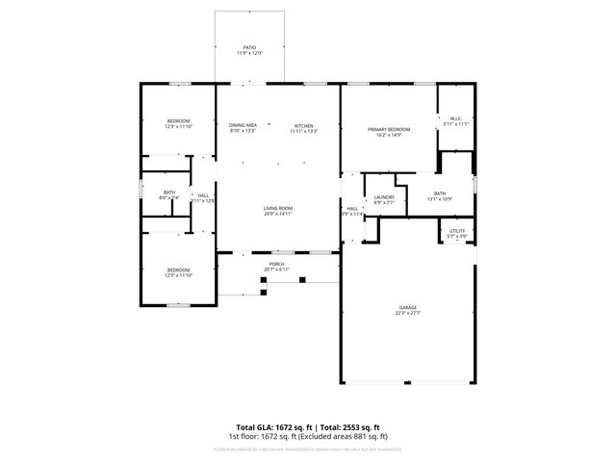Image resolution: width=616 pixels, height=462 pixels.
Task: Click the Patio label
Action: click(249, 47)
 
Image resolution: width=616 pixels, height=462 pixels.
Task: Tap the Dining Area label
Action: click(243, 125)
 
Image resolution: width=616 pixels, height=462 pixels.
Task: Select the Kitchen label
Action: click(303, 125)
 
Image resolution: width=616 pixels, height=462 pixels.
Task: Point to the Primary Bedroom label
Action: click(389, 129)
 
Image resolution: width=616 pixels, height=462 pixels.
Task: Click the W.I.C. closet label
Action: click(456, 119)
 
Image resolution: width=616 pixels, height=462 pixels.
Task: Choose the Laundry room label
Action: click(384, 197)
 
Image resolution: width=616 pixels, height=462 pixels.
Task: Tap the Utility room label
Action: click(457, 231)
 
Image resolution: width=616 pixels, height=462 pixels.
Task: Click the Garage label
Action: click(409, 307)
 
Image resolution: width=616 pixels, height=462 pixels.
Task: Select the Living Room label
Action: click(278, 208)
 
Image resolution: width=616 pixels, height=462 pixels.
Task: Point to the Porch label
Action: click(276, 264)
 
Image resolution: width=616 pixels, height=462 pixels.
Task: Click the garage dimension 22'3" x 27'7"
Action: click(409, 313)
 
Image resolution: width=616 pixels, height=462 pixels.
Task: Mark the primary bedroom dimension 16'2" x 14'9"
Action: click(389, 135)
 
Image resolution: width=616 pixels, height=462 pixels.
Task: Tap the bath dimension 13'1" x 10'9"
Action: click(439, 199)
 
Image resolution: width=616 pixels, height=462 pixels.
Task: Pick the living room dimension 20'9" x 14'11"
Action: click(278, 214)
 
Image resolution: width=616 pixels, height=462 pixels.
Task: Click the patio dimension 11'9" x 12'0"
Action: click(249, 53)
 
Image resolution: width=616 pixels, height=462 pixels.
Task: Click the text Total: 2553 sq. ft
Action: click(349, 426)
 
